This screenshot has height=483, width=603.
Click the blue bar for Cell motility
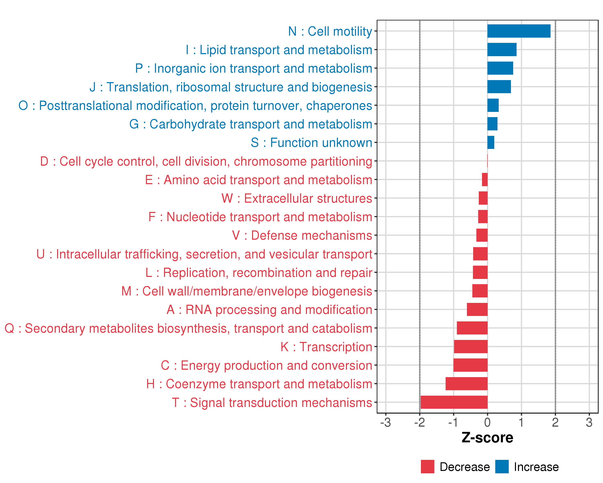tap(519, 31)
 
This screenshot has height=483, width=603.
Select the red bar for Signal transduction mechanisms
tap(454, 402)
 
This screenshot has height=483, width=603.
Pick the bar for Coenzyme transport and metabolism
tap(466, 384)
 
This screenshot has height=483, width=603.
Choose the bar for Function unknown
tap(491, 142)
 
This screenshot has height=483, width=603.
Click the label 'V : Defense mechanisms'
tap(302, 235)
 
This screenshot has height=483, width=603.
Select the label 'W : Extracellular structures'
tap(297, 198)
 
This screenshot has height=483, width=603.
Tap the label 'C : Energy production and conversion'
tap(267, 365)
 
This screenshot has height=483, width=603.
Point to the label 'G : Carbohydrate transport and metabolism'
tap(251, 124)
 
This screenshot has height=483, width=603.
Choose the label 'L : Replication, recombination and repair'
tap(259, 273)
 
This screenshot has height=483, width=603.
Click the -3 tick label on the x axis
tap(385, 422)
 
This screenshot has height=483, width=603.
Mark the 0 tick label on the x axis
tap(487, 422)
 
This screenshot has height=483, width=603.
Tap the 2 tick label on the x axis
tap(555, 422)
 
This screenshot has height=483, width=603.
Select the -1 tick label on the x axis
tap(453, 422)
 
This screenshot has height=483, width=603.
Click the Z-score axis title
tap(487, 438)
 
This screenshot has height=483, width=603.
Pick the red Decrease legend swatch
tap(427, 467)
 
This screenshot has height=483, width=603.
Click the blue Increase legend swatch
tap(502, 467)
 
